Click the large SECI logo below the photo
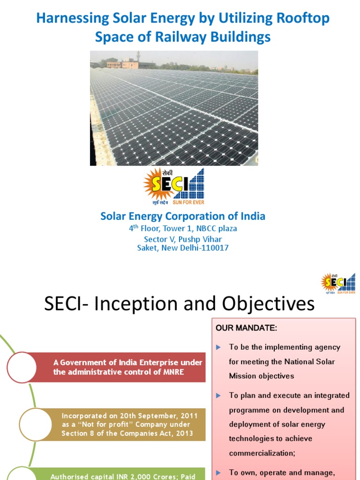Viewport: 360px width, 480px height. pyautogui.click(x=174, y=187)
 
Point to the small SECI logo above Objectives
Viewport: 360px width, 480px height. pyautogui.click(x=338, y=283)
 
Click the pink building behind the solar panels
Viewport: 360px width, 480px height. pyautogui.click(x=122, y=65)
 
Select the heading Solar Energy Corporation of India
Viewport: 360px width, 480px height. pyautogui.click(x=183, y=217)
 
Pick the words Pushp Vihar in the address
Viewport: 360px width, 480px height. pyautogui.click(x=203, y=239)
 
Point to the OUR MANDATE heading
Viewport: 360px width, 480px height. pyautogui.click(x=246, y=328)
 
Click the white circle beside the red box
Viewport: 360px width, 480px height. pyautogui.click(x=22, y=367)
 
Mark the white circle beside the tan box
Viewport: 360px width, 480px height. pyautogui.click(x=22, y=425)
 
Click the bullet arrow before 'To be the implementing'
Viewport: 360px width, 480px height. pyautogui.click(x=218, y=347)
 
